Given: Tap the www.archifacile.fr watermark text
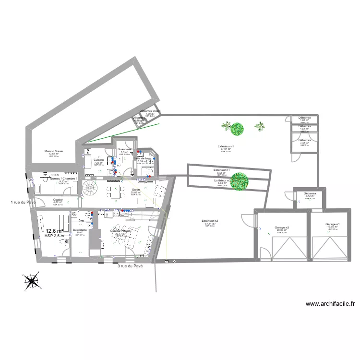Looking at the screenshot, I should coord(330,303).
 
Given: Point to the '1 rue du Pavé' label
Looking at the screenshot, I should coord(24,202).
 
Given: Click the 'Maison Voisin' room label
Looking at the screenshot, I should coord(53,151).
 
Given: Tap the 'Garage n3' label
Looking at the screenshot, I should coord(282,227).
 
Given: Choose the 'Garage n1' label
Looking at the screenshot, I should coord(333,224).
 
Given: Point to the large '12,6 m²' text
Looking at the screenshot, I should coord(54,231).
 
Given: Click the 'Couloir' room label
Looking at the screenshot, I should coord(58,199).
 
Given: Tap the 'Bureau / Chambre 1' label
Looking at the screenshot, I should coord(63,179).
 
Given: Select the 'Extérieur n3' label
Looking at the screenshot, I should coord(210,221).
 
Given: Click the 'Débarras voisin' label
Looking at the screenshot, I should coord(150,111).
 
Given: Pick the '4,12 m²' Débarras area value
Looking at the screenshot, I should coord(309,196).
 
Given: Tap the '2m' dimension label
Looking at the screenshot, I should coord(81,221).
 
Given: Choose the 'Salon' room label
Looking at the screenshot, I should coord(136,189).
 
